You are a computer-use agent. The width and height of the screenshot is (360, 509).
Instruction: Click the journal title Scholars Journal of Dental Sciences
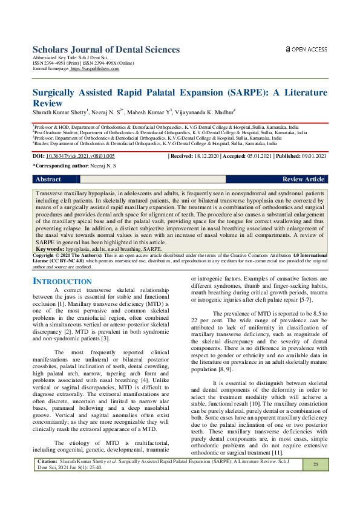pos(106,50)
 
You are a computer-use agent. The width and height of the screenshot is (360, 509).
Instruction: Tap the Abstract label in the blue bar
pos(48,180)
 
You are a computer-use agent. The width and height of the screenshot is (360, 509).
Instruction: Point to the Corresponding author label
pos(60,166)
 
